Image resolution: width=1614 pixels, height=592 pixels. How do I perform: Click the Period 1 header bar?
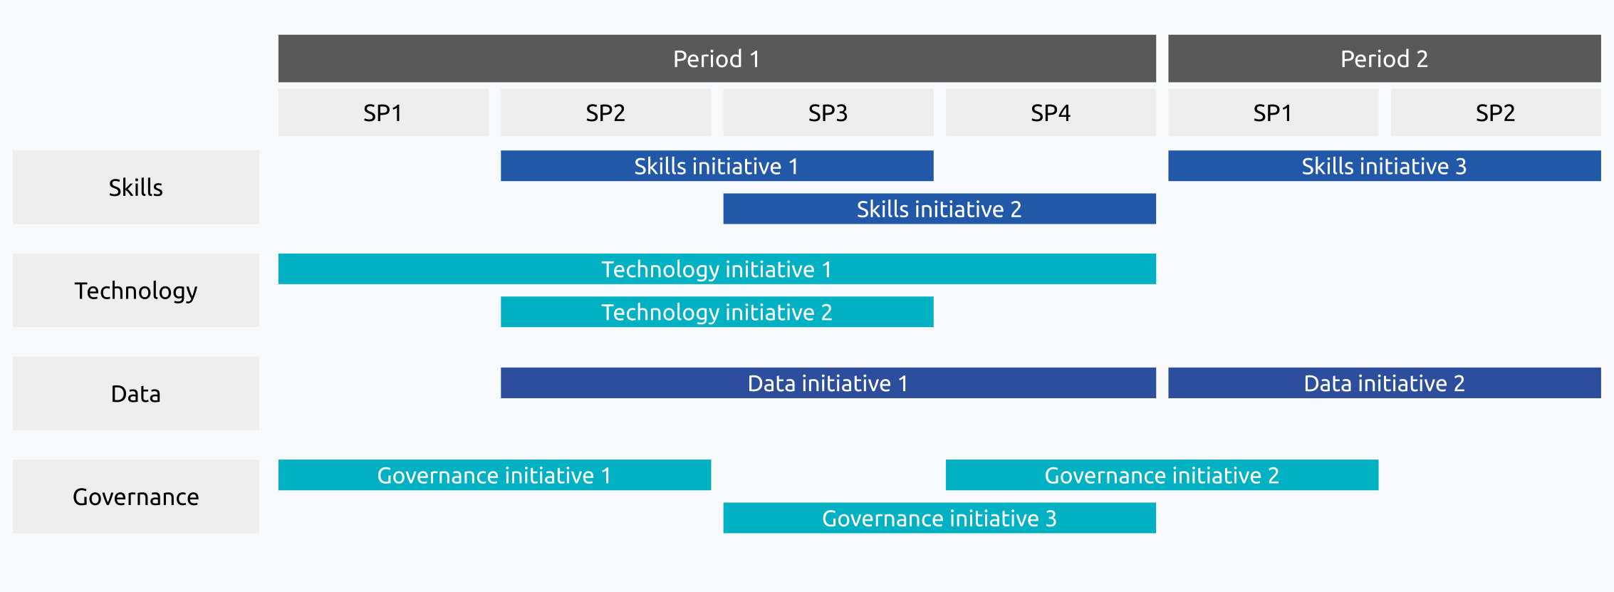[717, 58]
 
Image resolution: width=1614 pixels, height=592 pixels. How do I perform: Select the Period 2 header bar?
[1384, 58]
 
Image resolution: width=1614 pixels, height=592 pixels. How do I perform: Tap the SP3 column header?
[828, 113]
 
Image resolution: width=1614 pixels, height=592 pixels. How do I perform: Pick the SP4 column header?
[1051, 113]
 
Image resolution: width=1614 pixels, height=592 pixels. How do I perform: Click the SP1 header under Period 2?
[1273, 113]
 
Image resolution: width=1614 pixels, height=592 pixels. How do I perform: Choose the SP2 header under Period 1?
[605, 113]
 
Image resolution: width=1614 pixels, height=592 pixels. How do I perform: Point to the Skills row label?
[136, 187]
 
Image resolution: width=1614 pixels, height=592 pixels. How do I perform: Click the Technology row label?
[136, 291]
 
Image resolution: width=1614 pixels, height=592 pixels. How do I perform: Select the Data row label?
[136, 393]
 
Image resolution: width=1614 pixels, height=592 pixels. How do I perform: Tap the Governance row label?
[136, 497]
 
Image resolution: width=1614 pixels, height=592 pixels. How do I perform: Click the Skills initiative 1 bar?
[717, 166]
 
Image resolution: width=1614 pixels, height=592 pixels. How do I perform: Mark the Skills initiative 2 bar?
[939, 209]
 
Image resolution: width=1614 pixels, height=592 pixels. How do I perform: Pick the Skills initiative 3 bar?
[1384, 166]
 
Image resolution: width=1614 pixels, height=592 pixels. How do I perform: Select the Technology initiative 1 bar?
[717, 269]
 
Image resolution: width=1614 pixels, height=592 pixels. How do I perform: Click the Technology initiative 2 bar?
[717, 312]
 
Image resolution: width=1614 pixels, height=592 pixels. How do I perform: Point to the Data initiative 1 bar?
[828, 383]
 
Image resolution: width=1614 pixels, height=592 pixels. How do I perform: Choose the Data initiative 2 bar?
[1384, 383]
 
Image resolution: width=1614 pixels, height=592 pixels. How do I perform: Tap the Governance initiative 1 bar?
[494, 475]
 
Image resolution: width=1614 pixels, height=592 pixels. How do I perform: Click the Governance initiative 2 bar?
[1162, 475]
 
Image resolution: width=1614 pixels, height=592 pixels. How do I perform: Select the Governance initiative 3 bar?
[939, 518]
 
